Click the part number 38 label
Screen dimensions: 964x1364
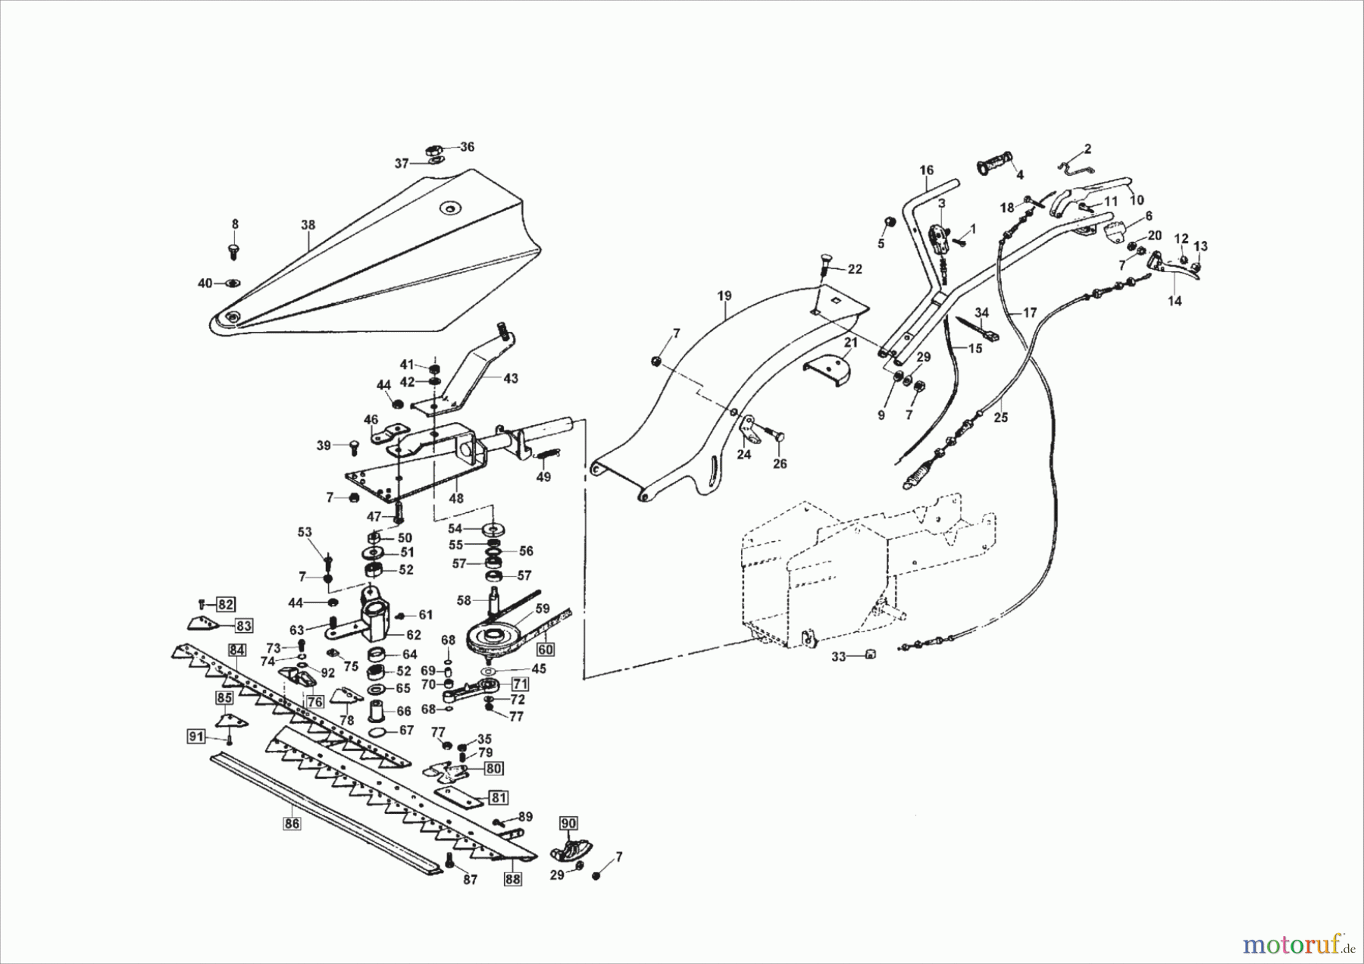308,225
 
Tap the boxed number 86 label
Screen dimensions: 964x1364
293,823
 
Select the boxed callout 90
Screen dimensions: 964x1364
568,823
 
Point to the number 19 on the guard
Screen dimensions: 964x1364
724,296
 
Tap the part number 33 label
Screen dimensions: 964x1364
838,657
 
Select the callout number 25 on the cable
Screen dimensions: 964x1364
1001,417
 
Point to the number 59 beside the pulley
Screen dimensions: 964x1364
543,608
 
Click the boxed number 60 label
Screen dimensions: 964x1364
546,649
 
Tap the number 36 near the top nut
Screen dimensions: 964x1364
467,147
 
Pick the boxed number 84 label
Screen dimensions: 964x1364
237,649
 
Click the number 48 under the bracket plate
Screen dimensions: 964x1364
455,499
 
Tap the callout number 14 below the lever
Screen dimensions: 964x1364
1174,301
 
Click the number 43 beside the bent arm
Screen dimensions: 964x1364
511,378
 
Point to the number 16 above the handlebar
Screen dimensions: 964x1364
927,170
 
